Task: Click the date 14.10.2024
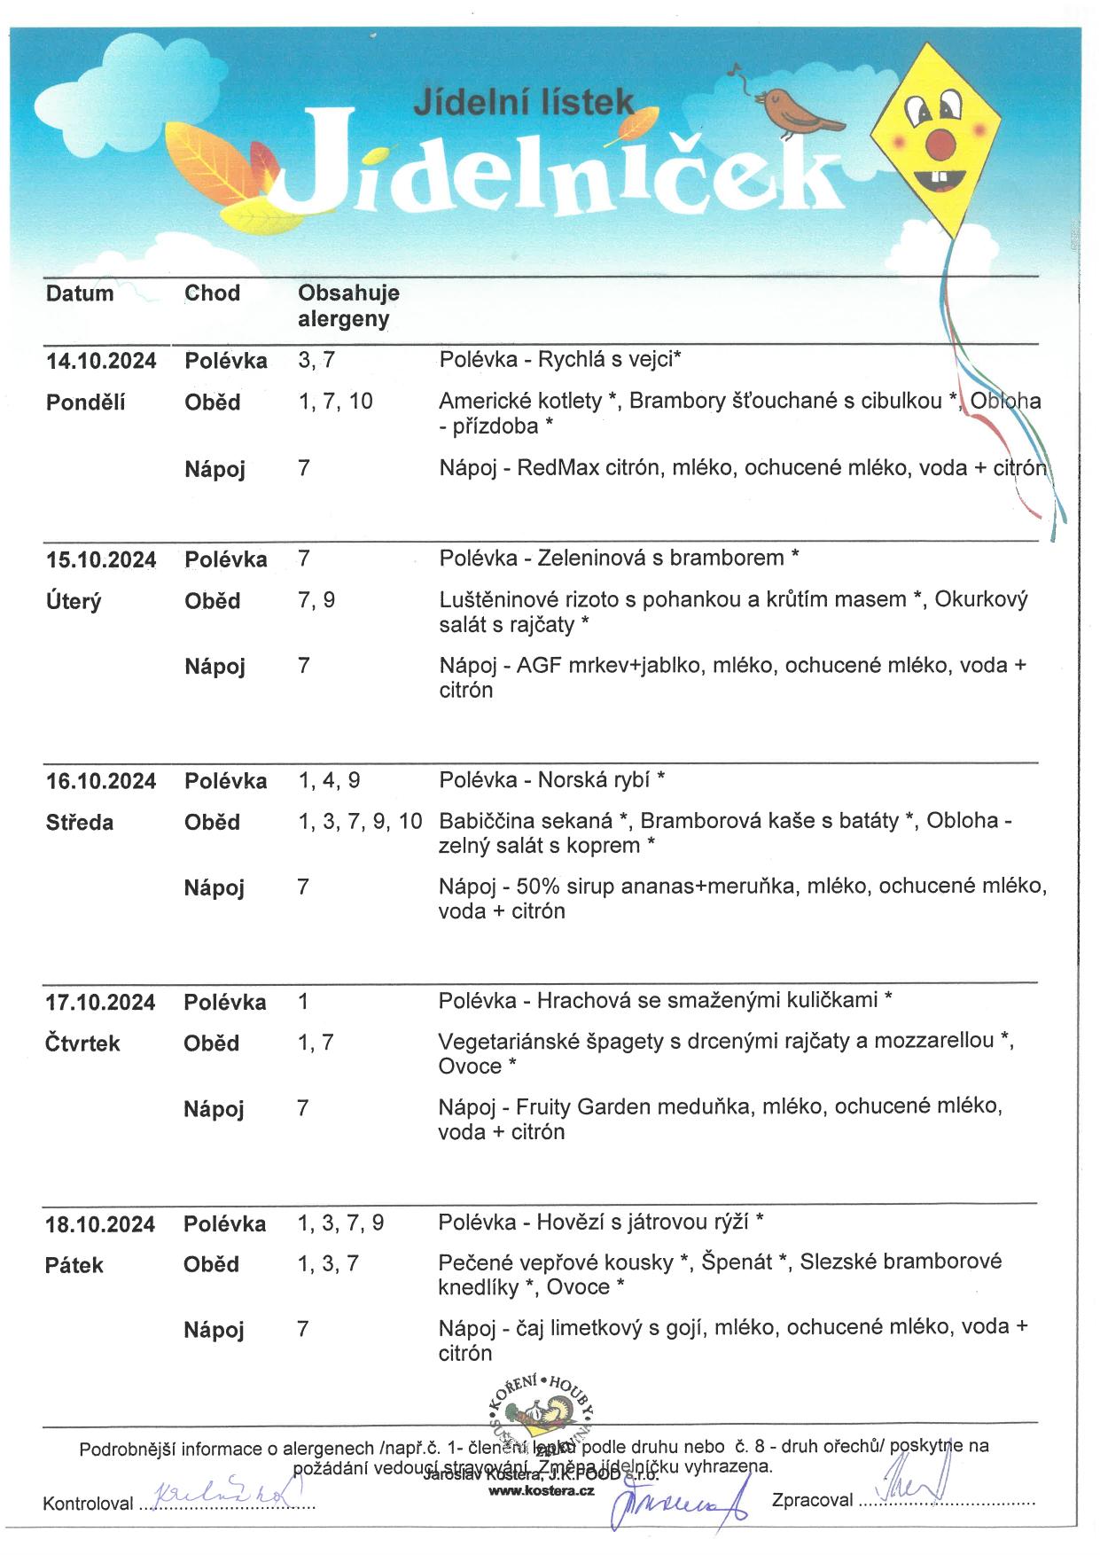pyautogui.click(x=101, y=361)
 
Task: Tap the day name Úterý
pyautogui.click(x=74, y=601)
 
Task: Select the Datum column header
pyautogui.click(x=80, y=293)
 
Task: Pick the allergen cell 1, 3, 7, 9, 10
pyautogui.click(x=360, y=821)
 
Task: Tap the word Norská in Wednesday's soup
pyautogui.click(x=568, y=779)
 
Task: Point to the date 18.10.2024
pyautogui.click(x=100, y=1224)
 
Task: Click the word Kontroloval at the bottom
pyautogui.click(x=88, y=1504)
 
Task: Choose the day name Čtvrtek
pyautogui.click(x=82, y=1043)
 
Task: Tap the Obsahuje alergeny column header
pyautogui.click(x=347, y=306)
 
